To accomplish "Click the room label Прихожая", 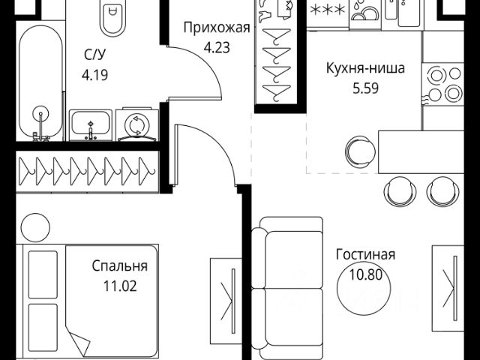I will tap(216, 29).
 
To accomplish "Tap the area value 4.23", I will tap(216, 46).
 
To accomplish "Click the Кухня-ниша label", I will tap(365, 69).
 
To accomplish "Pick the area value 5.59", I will tap(365, 86).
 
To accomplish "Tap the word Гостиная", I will tap(366, 255).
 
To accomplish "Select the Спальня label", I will tap(119, 266).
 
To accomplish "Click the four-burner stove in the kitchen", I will tap(442, 83).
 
